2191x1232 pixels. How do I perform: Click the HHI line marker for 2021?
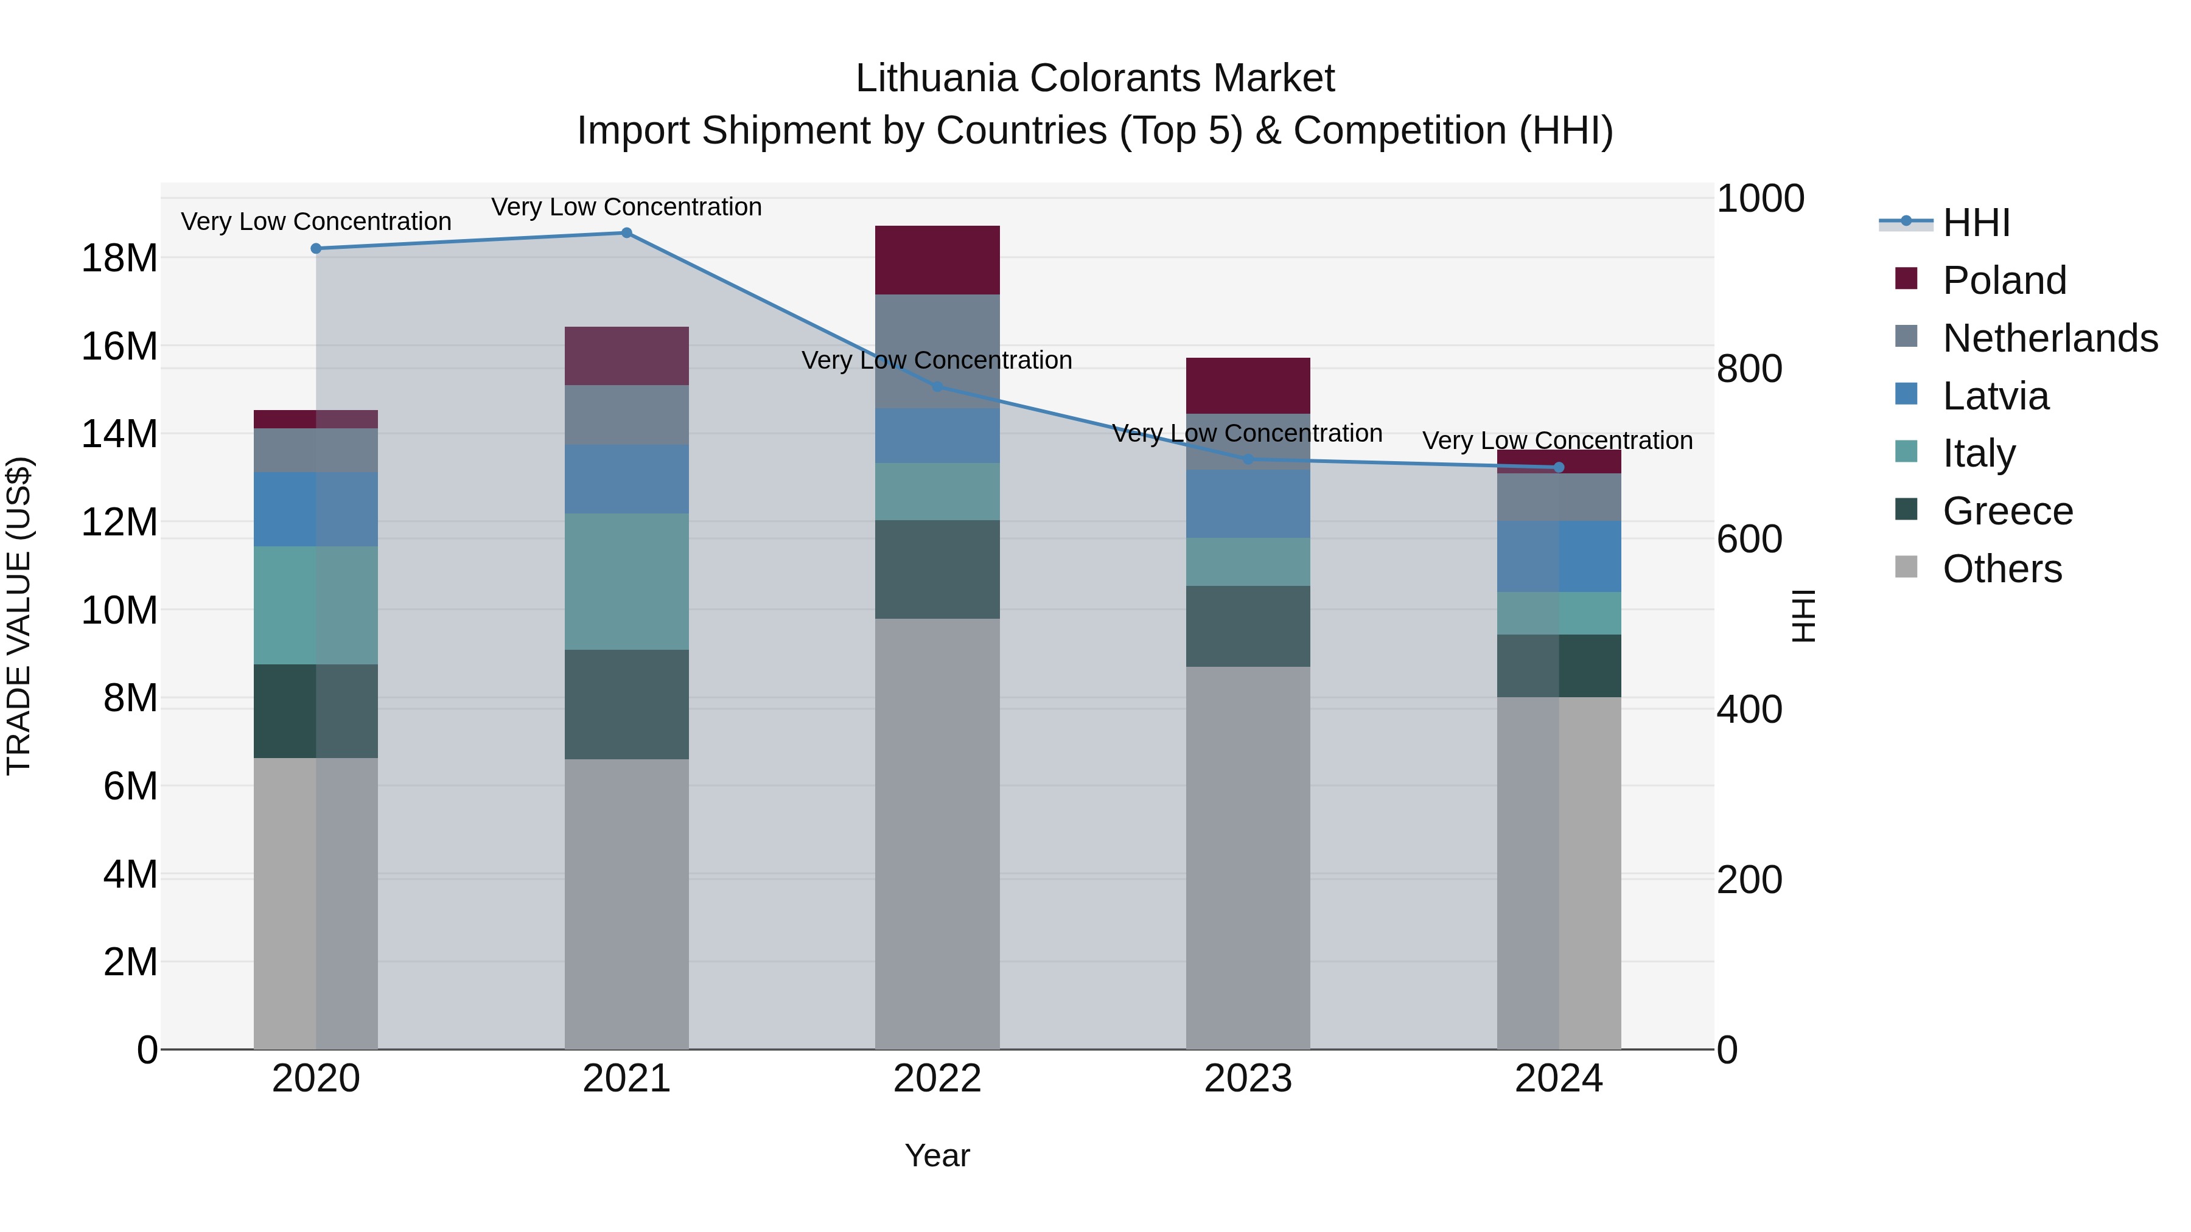(x=626, y=233)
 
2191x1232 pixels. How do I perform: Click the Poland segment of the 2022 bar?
(x=937, y=260)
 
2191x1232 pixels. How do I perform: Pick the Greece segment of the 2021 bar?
(x=626, y=705)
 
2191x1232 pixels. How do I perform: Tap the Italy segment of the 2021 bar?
(x=626, y=582)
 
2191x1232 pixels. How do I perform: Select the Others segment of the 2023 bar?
(x=1248, y=857)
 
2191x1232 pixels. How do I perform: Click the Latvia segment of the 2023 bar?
(x=1248, y=503)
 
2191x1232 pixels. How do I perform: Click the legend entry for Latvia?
(x=1996, y=396)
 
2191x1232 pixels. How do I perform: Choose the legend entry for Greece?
(x=2007, y=511)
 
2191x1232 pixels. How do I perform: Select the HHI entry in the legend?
(x=1976, y=223)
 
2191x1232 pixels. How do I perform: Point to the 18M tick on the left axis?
(x=119, y=257)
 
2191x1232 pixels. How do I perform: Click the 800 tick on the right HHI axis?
(x=1749, y=369)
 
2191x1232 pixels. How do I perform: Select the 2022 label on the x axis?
(x=937, y=1079)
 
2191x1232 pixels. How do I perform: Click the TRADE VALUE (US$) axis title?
(x=19, y=616)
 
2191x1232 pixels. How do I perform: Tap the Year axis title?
(x=937, y=1155)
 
